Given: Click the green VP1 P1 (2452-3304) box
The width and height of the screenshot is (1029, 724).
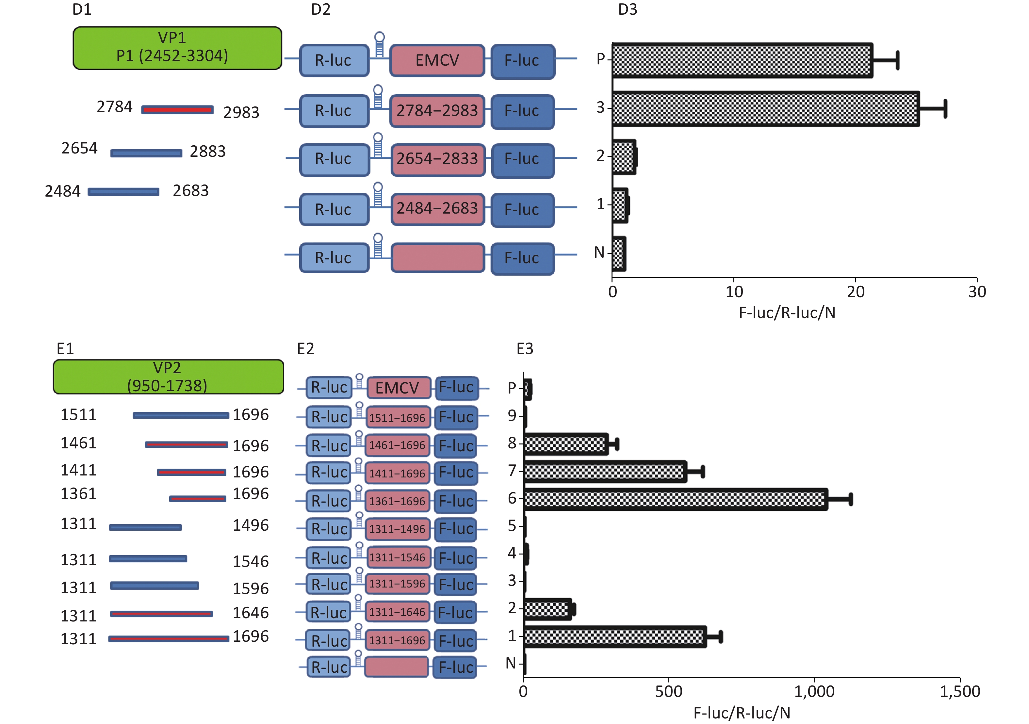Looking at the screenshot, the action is click(177, 48).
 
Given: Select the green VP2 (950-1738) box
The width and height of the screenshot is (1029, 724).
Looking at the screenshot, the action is click(169, 377).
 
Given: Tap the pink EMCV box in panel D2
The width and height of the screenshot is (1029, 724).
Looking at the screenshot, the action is click(437, 60).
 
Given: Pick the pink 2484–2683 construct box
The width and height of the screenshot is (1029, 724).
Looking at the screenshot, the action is click(438, 209).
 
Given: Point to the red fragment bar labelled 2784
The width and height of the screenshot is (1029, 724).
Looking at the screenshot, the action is click(177, 110).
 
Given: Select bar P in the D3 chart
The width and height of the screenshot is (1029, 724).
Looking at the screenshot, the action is click(743, 60).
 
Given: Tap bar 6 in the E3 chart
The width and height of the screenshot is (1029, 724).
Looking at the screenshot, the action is click(676, 499).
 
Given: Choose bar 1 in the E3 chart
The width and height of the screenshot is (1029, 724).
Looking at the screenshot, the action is click(615, 636).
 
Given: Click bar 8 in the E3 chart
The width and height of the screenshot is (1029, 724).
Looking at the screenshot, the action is click(565, 444).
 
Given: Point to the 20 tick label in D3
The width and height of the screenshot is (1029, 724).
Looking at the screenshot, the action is click(856, 292).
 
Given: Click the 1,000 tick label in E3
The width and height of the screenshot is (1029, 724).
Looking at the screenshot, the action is click(814, 691).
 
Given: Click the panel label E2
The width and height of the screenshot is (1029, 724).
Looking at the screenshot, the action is click(306, 348).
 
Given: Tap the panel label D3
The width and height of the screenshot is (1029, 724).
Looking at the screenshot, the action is click(628, 9).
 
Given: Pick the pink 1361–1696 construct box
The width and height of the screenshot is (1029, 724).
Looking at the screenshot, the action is click(397, 501).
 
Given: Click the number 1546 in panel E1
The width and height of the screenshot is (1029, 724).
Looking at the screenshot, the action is click(251, 561).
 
